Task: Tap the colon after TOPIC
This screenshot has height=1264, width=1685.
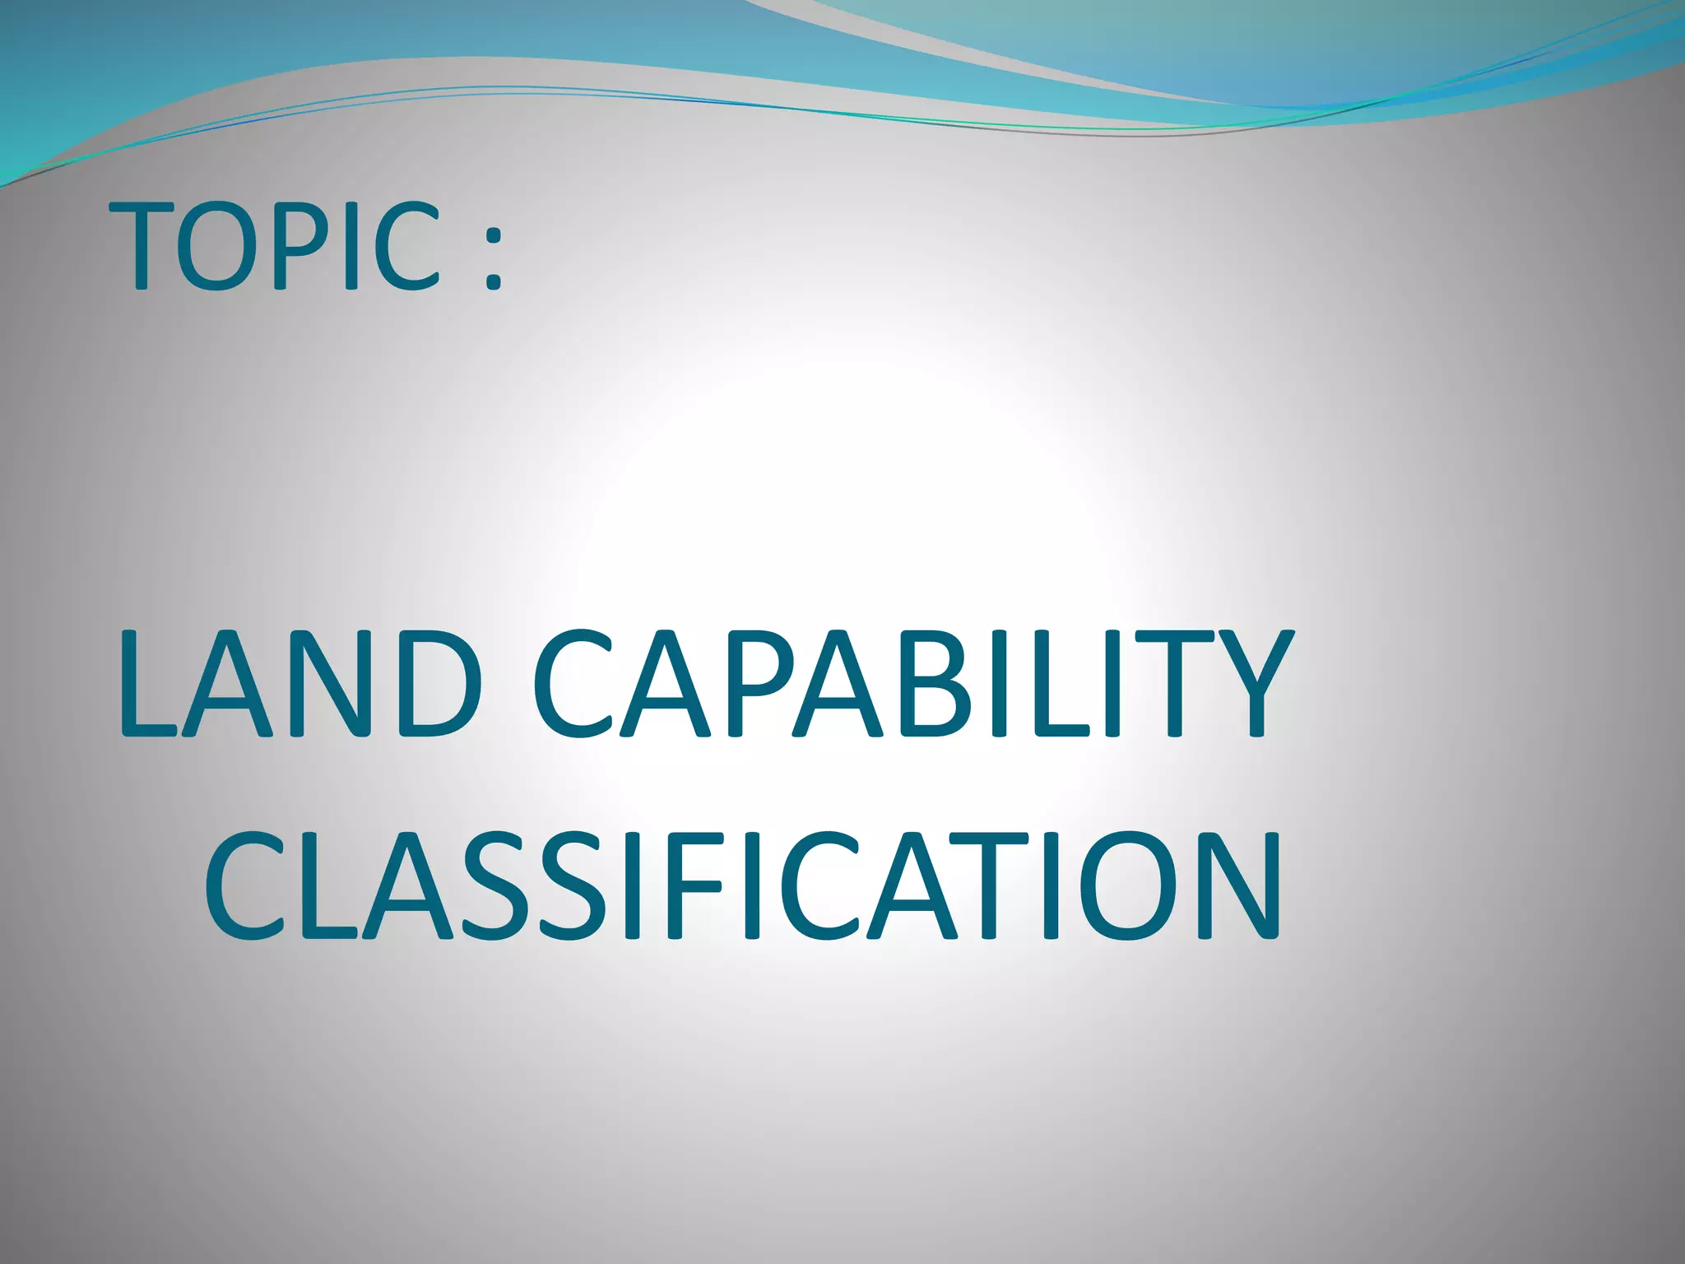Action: point(493,259)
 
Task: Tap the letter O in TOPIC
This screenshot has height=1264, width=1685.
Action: point(216,247)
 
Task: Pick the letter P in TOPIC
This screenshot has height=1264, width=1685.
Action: point(290,247)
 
